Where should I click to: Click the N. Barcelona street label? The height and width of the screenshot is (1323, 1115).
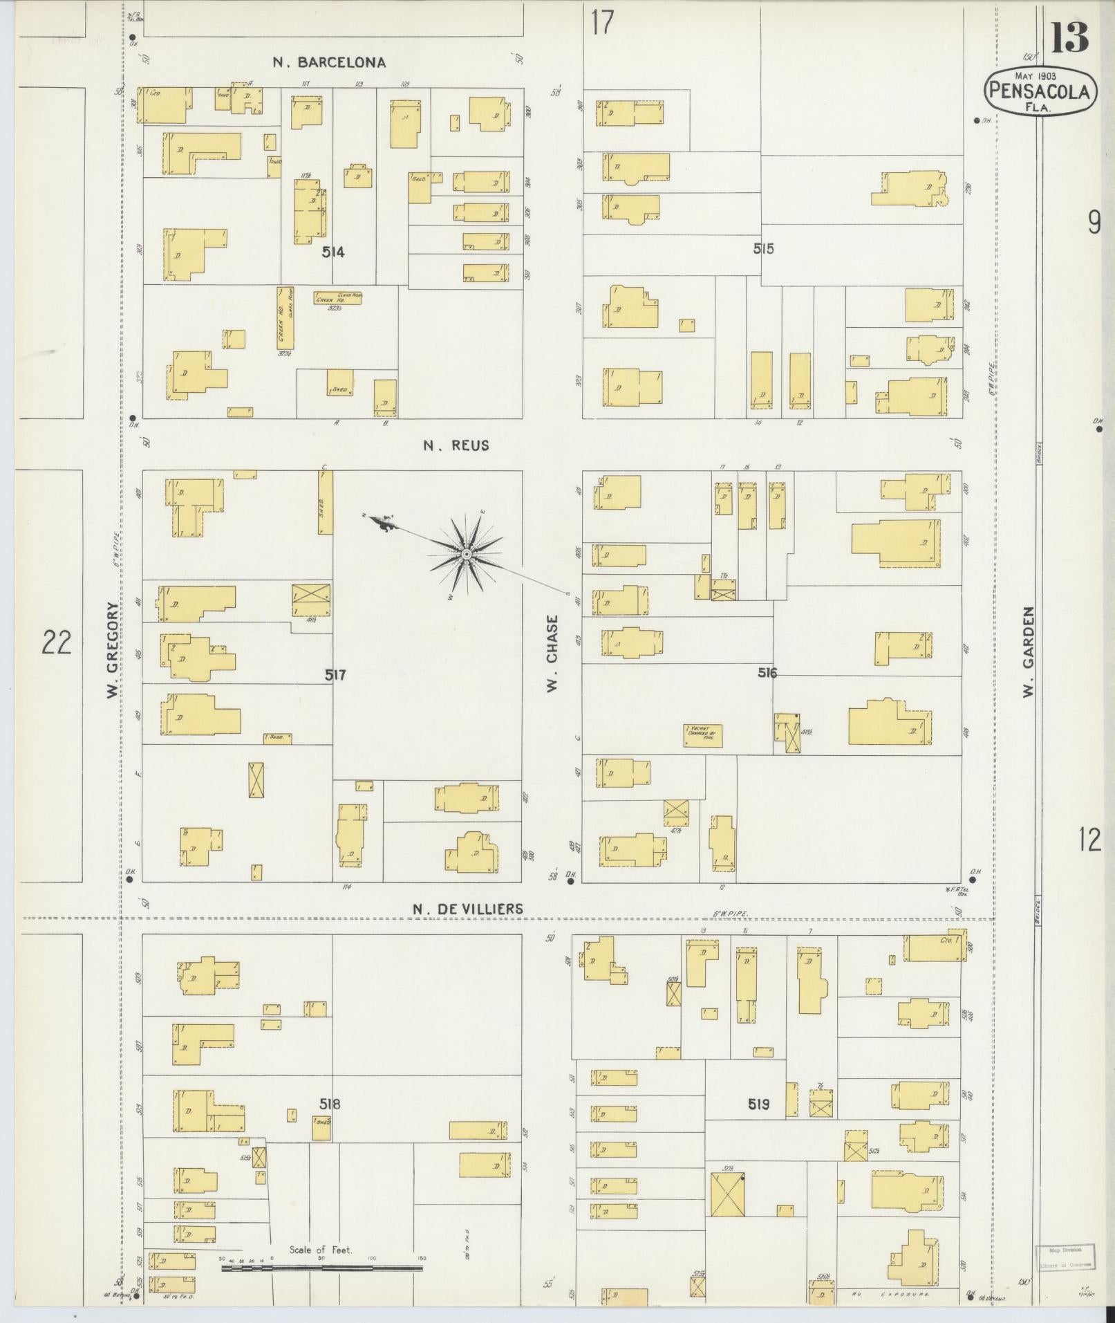pyautogui.click(x=328, y=63)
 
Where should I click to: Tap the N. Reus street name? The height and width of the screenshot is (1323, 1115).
pyautogui.click(x=456, y=446)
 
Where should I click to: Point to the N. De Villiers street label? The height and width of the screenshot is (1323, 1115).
pyautogui.click(x=468, y=909)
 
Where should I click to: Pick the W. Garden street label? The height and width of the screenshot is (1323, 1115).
pyautogui.click(x=1029, y=652)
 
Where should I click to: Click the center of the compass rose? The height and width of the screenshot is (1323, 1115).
pyautogui.click(x=467, y=555)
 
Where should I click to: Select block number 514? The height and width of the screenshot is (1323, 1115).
pyautogui.click(x=332, y=252)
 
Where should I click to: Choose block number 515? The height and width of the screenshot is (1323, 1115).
pyautogui.click(x=763, y=249)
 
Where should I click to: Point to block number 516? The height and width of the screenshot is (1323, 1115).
pyautogui.click(x=767, y=672)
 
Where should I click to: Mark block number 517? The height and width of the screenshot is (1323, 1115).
pyautogui.click(x=335, y=675)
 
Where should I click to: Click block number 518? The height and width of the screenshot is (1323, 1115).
pyautogui.click(x=330, y=1104)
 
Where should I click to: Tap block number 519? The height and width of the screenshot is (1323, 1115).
pyautogui.click(x=758, y=1104)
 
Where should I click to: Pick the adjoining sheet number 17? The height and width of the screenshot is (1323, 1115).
pyautogui.click(x=602, y=23)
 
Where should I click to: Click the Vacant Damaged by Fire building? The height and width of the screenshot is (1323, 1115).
pyautogui.click(x=703, y=736)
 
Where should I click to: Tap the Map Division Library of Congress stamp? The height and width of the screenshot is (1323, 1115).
pyautogui.click(x=1065, y=1257)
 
